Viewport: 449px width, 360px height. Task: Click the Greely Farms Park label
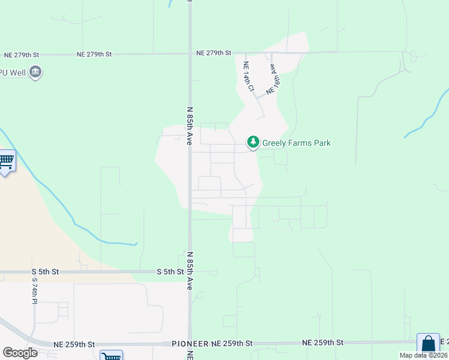tap(297, 143)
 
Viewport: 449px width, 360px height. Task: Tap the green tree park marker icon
tap(253, 142)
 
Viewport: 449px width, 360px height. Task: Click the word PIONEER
tap(190, 344)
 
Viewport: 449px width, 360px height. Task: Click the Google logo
tap(20, 353)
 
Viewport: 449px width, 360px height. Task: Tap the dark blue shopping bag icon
tap(428, 344)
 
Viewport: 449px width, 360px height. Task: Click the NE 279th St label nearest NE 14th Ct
tap(214, 53)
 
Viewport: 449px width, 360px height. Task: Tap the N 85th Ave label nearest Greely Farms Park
tap(190, 127)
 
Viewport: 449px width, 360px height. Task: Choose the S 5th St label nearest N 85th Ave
tap(170, 272)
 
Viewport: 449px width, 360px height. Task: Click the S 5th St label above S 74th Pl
tap(45, 272)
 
